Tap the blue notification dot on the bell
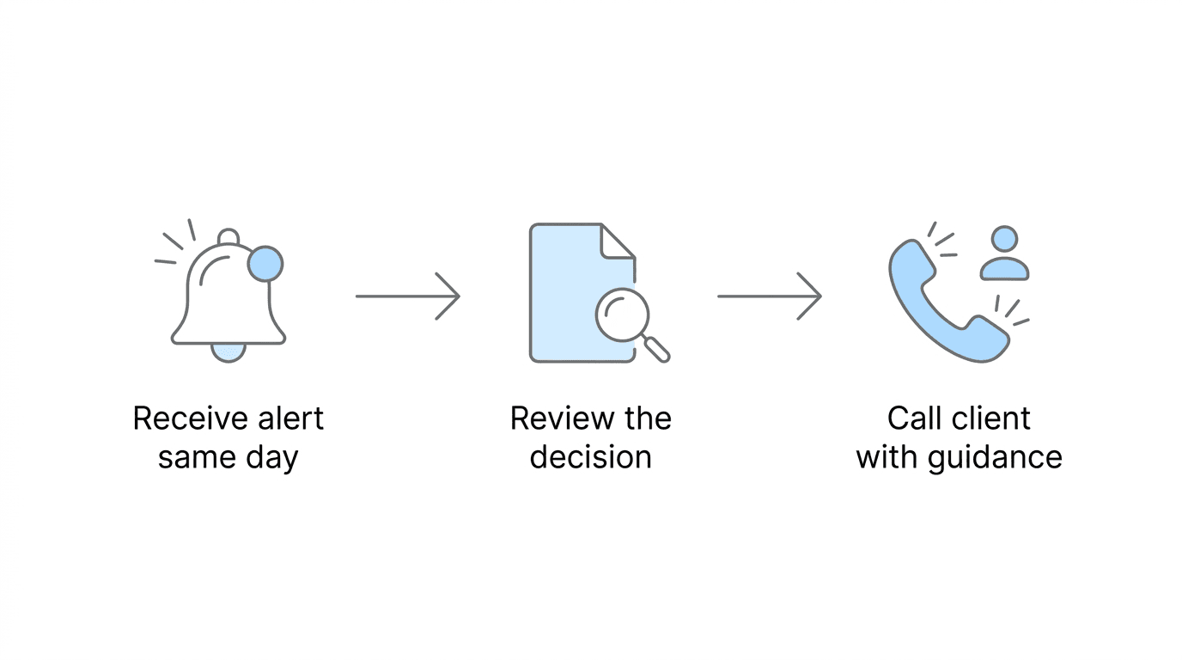tap(265, 264)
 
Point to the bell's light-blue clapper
tap(228, 351)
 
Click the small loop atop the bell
tap(228, 236)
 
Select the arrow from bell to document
tap(408, 296)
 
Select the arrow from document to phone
tap(770, 296)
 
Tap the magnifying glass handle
tap(657, 349)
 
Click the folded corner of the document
tap(618, 241)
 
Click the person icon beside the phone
tap(1004, 254)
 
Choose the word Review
tap(554, 419)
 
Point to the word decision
tap(590, 456)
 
